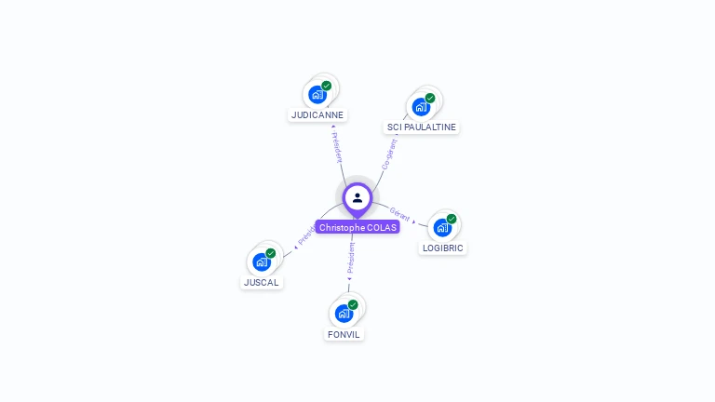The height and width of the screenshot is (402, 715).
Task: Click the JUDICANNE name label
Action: [x=317, y=115]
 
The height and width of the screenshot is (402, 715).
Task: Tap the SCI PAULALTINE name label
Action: [x=422, y=127]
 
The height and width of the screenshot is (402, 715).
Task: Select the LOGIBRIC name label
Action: [x=442, y=248]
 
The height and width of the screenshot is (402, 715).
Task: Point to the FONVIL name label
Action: [x=344, y=334]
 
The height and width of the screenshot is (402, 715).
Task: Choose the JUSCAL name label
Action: [x=262, y=282]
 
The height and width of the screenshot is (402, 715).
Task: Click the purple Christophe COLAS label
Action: [x=357, y=227]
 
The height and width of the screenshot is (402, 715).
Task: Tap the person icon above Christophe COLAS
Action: [x=357, y=197]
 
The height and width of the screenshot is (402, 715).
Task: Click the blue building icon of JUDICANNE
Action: [x=317, y=95]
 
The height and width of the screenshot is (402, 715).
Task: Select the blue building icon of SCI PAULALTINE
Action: [x=421, y=107]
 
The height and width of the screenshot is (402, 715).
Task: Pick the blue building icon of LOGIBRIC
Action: [x=442, y=228]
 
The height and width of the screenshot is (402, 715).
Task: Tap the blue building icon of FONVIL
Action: [x=344, y=314]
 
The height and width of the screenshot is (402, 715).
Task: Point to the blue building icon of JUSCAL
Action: [x=261, y=261]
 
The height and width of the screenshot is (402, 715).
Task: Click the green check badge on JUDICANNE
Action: [x=327, y=86]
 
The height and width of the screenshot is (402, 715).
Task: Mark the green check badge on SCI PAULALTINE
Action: [x=430, y=98]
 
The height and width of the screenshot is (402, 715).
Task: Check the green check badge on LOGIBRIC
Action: [x=452, y=219]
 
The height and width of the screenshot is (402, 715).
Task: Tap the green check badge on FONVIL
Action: [x=353, y=304]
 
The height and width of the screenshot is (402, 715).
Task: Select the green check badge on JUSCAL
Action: [x=271, y=253]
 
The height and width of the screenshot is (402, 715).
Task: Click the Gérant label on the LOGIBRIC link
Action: [x=400, y=213]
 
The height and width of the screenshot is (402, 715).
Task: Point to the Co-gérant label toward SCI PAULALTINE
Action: [x=389, y=154]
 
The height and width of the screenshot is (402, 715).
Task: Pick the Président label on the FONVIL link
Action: [x=350, y=259]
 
